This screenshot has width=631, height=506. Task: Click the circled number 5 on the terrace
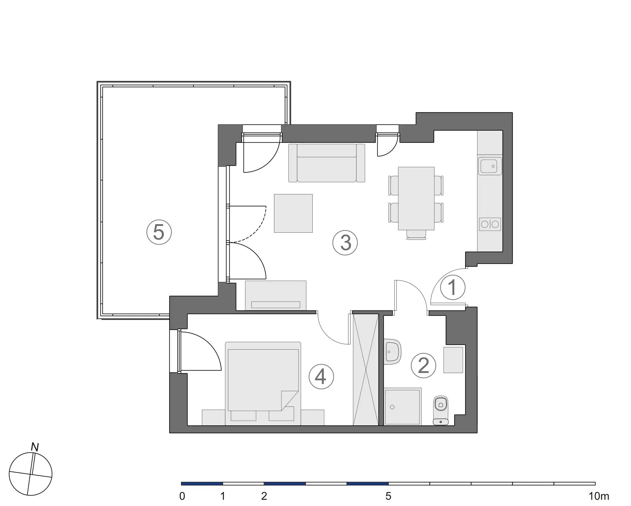159,232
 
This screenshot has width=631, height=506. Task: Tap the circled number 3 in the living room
345,243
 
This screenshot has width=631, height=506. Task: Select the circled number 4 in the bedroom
321,377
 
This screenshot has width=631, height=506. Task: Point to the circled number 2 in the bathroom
423,366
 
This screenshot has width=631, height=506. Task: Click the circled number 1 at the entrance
453,288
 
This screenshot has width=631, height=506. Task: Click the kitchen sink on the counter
490,166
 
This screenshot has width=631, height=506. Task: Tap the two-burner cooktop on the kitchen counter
490,224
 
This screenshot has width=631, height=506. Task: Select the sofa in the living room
327,163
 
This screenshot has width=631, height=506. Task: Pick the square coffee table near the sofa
293,213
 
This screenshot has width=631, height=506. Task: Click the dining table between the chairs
416,198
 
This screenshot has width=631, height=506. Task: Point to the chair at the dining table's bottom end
416,235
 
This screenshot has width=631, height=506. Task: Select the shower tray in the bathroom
403,407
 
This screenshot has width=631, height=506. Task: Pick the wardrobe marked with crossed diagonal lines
366,369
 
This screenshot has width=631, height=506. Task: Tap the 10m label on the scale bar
598,496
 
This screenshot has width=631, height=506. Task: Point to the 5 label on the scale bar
388,496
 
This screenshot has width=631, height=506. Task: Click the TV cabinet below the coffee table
275,295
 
